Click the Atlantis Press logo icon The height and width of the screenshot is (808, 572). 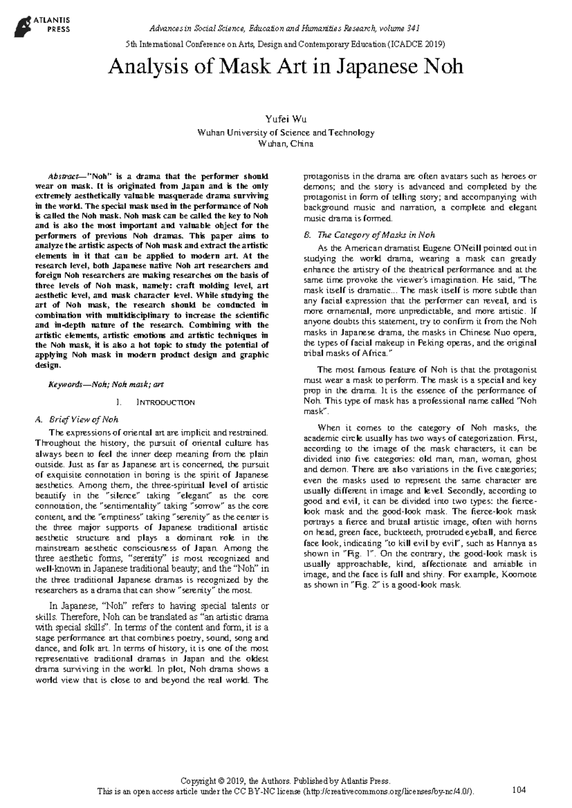(x=23, y=25)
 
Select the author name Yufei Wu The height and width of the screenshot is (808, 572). (x=286, y=120)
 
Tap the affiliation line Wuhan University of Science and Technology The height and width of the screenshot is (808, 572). (x=286, y=133)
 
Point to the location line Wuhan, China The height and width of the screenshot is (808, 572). (x=286, y=144)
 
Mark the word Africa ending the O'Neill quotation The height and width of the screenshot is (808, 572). (x=376, y=353)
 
